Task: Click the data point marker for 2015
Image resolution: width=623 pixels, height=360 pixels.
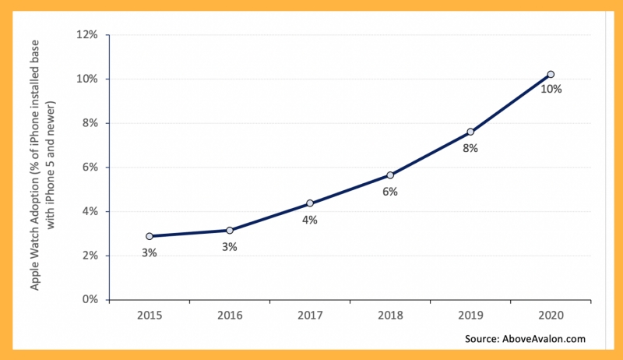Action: pos(150,236)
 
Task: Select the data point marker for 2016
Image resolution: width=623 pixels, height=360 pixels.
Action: pos(230,231)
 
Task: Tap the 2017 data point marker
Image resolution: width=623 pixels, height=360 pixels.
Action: pos(310,203)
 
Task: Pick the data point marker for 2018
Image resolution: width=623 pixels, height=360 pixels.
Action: pos(390,175)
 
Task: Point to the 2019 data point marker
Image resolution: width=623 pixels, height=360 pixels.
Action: pos(470,132)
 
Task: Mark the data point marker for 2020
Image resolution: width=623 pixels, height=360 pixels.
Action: pos(551,74)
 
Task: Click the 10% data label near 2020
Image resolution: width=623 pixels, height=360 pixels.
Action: pos(551,90)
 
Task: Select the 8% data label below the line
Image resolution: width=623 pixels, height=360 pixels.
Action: pos(470,149)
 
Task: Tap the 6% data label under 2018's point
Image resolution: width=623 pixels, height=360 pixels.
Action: pos(390,192)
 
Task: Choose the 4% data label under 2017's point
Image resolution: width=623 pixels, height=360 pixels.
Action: pos(310,221)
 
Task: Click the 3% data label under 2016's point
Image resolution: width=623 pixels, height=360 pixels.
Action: pos(230,247)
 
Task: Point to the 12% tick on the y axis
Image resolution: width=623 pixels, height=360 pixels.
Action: pos(87,35)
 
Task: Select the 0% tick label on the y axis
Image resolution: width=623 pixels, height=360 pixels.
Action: pos(90,299)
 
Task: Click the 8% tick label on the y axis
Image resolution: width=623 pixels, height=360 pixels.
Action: pos(90,123)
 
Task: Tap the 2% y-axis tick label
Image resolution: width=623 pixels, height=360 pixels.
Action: pos(90,256)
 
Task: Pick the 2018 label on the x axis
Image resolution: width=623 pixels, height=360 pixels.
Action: pos(390,316)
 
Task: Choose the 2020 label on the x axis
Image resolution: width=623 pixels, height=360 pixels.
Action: pos(551,316)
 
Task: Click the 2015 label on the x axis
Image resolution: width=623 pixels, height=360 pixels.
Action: pos(150,316)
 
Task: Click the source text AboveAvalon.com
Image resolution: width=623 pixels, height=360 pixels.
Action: pos(544,339)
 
